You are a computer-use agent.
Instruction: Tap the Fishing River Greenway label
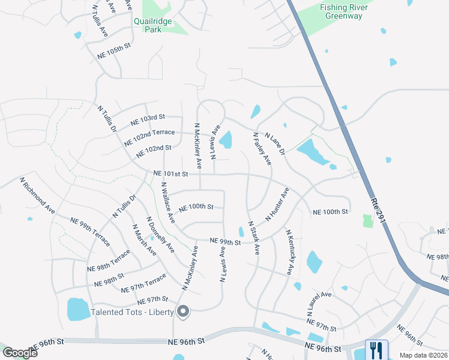(342, 12)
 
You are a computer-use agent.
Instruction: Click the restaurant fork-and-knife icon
(376, 349)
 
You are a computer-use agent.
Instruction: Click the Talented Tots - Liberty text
(131, 312)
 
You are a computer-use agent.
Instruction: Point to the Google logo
(20, 352)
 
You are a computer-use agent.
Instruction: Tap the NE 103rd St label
(148, 121)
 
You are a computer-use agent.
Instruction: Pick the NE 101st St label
(171, 173)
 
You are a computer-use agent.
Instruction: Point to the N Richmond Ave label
(37, 196)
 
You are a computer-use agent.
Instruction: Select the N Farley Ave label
(262, 149)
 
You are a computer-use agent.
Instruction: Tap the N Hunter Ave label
(277, 204)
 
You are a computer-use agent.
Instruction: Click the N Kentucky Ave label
(289, 253)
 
